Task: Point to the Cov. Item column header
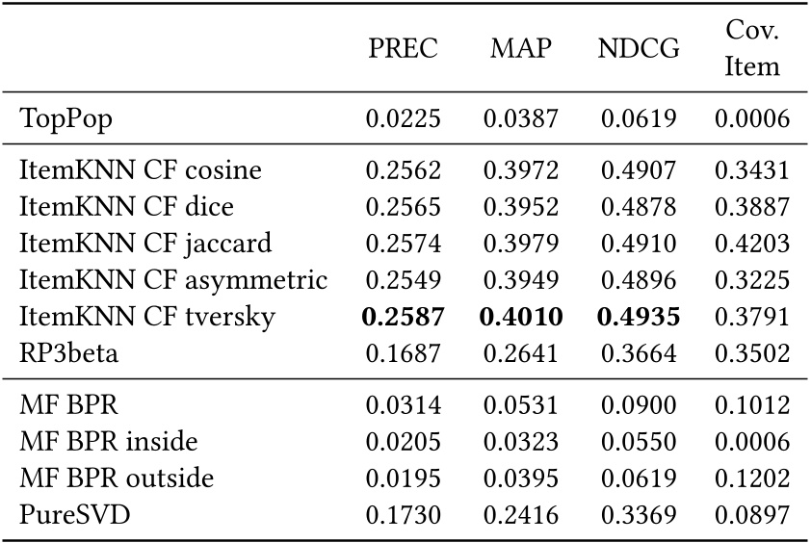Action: point(752,49)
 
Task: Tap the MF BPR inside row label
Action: point(109,442)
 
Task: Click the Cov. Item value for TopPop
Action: point(752,119)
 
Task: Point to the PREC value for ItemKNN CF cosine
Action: point(403,171)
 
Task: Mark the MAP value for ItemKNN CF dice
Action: point(519,207)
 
